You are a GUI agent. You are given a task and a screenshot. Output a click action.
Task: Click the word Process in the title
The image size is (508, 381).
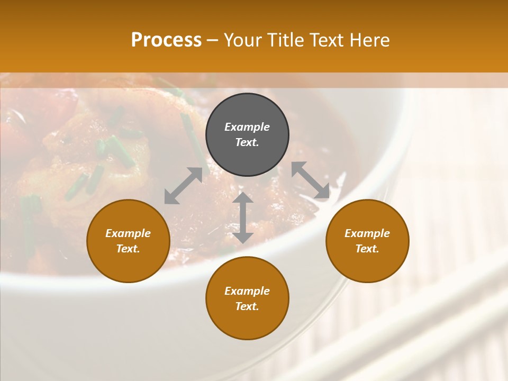(166, 40)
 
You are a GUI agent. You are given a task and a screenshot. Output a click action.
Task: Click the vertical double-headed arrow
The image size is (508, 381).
(243, 217)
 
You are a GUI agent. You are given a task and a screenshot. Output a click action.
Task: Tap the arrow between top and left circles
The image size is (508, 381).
(184, 185)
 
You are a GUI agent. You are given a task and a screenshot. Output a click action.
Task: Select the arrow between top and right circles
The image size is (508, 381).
(311, 180)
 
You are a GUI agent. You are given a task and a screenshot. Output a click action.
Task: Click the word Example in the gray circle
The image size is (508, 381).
(247, 127)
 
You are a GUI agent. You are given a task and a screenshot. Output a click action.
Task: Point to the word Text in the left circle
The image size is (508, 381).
(128, 249)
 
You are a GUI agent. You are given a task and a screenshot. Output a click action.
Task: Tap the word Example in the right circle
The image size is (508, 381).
(367, 233)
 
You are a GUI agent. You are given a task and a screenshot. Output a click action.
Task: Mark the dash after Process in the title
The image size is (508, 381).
(213, 41)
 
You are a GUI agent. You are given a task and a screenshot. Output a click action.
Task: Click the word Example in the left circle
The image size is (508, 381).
(128, 233)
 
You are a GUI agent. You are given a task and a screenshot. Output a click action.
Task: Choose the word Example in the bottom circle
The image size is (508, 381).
(247, 291)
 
